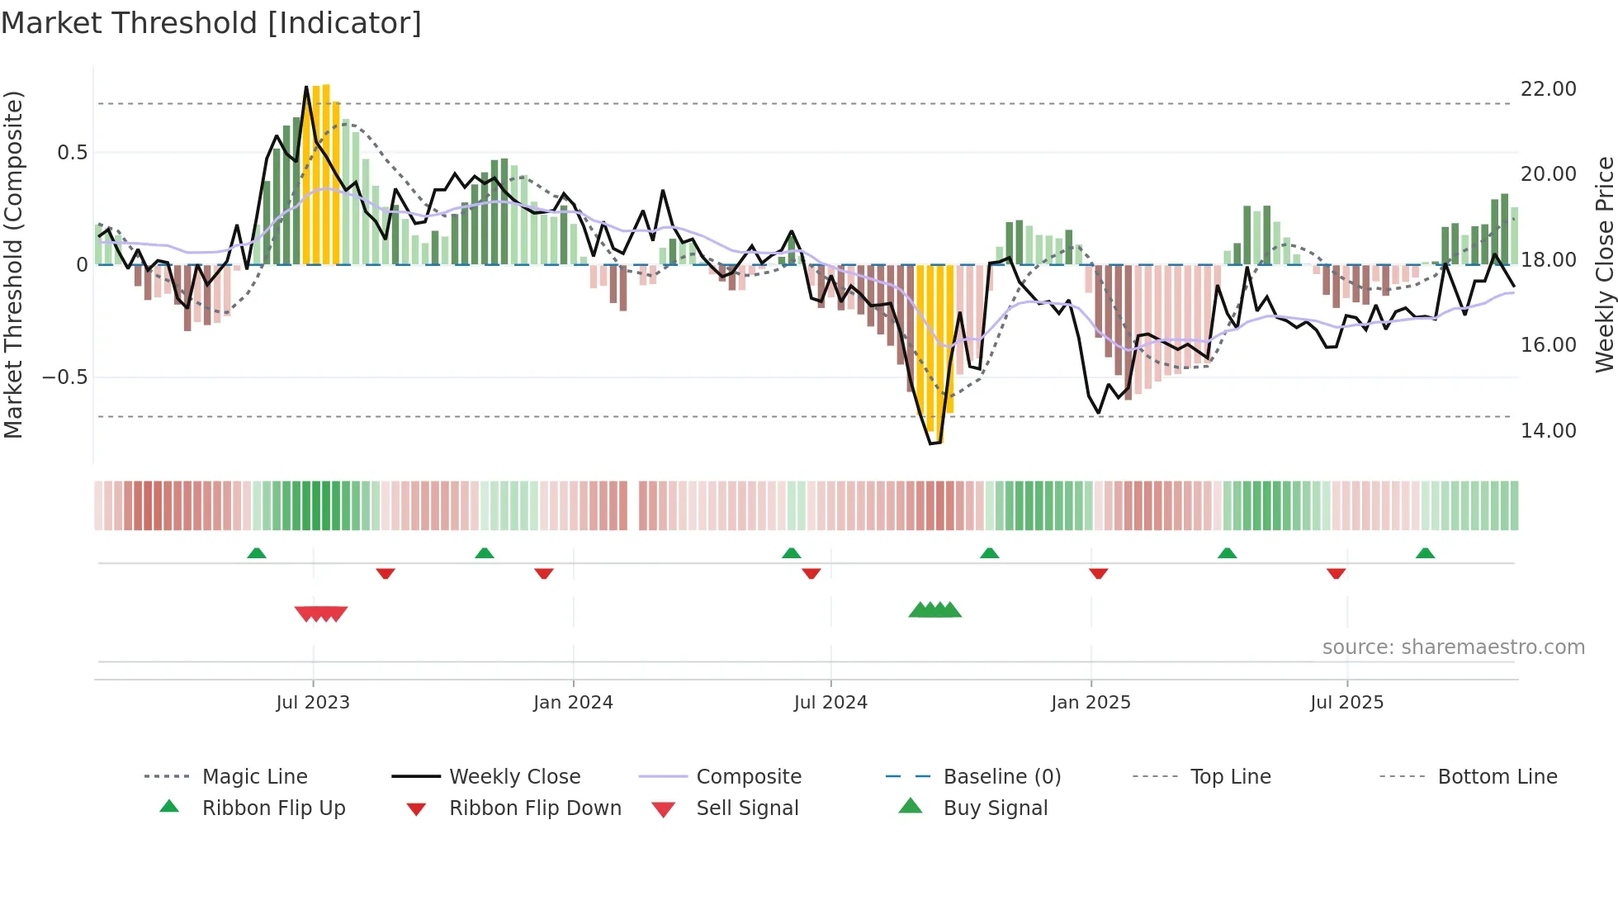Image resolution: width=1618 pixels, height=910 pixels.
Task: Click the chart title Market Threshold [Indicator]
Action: pos(211,23)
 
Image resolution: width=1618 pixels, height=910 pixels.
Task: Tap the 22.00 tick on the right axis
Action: pos(1548,88)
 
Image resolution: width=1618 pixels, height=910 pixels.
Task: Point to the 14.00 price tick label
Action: pos(1548,430)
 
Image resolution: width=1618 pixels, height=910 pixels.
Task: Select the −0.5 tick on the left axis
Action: pos(64,377)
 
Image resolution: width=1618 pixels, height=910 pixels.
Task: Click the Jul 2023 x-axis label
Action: pos(313,703)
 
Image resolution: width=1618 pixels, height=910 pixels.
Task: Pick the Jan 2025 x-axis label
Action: pos(1090,703)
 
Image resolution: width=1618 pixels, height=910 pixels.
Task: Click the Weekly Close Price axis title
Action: pos(1604,264)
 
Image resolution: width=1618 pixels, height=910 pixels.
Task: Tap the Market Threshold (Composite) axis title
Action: pos(13,264)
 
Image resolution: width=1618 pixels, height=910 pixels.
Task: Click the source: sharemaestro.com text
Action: pos(1453,647)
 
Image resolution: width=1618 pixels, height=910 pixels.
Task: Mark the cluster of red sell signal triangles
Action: pos(321,614)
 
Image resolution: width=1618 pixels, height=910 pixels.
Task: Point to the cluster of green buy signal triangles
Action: pos(935,610)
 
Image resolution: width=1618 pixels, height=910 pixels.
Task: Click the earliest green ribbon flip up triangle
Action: pos(257,553)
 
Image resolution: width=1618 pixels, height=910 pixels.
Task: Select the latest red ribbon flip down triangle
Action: pos(1336,573)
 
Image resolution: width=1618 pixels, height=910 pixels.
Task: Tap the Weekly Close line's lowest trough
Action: pos(932,443)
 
